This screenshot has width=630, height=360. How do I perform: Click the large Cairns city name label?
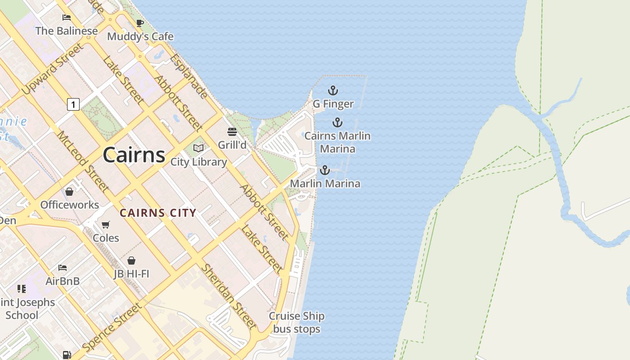point(134,155)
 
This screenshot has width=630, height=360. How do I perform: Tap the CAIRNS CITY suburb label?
point(158,213)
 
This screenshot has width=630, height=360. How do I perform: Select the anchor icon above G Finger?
point(333,90)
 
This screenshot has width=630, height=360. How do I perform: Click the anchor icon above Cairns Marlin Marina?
point(337,122)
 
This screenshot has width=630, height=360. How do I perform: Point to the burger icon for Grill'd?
point(232,132)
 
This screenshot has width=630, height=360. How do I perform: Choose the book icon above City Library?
point(198,148)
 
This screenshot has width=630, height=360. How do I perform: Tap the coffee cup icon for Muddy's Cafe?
point(140,23)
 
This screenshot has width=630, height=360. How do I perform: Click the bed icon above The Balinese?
point(67,18)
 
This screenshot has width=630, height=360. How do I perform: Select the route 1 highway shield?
point(73,104)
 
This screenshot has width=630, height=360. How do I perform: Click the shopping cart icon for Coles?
point(106,225)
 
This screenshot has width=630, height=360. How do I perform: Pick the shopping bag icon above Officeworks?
point(69,192)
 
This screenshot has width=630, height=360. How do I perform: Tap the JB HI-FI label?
point(131,274)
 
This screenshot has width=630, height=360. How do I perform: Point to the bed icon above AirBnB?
point(63,268)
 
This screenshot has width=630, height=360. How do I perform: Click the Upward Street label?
point(53,69)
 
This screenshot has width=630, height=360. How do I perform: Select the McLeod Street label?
point(82,162)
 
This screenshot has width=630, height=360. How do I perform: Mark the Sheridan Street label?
point(228,296)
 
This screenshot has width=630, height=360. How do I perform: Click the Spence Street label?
point(112,327)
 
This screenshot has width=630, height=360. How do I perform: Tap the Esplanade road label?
point(189,76)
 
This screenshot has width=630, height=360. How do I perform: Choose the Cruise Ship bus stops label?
point(297,323)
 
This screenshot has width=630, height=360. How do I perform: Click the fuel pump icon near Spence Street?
point(67,355)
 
